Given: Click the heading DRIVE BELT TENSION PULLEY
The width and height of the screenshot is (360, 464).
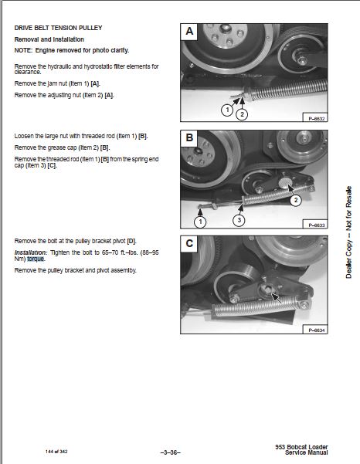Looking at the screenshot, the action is click(58, 28).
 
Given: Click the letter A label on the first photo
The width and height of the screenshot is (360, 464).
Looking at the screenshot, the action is click(189, 32).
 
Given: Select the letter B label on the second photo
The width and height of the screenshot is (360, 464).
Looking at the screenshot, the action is click(189, 137).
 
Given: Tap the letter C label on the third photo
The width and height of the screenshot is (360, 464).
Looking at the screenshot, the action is click(189, 243).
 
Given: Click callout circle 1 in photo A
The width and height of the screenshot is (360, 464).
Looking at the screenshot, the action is click(227, 110).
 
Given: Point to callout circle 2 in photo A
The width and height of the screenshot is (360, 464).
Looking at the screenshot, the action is click(242, 114).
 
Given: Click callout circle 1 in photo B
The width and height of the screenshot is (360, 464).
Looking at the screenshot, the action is click(200, 222).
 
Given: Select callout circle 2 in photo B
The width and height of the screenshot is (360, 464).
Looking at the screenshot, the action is click(295, 200).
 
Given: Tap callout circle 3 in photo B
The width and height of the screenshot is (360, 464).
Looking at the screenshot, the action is click(239, 220).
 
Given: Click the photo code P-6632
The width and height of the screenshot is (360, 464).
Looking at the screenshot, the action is click(317, 119).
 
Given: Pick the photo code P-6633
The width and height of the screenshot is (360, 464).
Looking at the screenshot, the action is click(317, 225).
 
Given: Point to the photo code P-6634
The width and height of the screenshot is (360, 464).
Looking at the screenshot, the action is click(317, 330).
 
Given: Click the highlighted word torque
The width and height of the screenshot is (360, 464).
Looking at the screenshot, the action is click(36, 259).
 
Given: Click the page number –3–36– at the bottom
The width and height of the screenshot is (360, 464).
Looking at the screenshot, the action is click(170, 452).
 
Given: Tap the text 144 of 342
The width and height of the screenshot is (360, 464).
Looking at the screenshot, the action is click(56, 452).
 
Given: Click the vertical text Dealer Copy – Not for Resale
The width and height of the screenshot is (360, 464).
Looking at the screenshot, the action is click(348, 232).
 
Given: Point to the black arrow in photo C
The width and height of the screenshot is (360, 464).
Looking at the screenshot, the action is click(277, 297).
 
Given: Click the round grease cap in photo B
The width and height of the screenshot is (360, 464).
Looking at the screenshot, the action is click(285, 183).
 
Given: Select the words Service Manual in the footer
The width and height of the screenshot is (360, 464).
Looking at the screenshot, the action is click(307, 452).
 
